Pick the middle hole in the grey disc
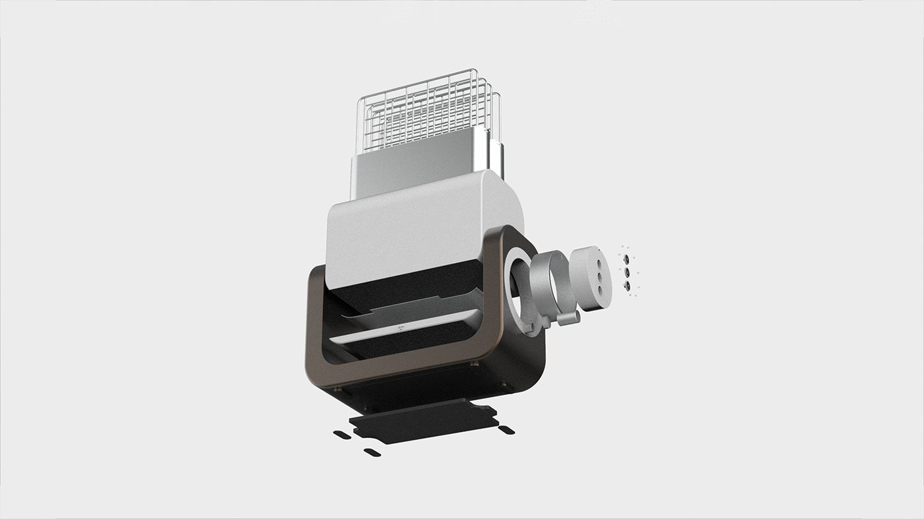click(600, 275)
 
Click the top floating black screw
click(626, 259)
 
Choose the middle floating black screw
click(626, 272)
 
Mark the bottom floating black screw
click(626, 286)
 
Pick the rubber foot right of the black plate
click(506, 430)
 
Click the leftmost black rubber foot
click(342, 435)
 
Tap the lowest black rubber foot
click(372, 452)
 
